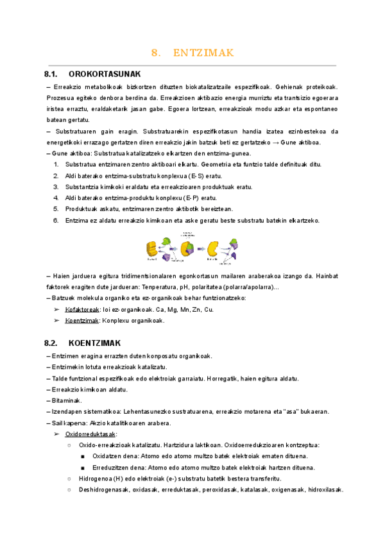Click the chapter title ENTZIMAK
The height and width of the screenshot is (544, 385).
point(203,53)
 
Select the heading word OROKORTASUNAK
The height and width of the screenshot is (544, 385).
point(105,74)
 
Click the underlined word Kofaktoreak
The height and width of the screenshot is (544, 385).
point(83,309)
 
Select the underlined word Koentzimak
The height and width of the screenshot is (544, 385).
point(81,320)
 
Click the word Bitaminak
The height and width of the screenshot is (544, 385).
point(66,400)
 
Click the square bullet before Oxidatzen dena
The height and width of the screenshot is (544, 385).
point(83,457)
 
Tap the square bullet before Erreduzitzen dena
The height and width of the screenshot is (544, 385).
point(83,468)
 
